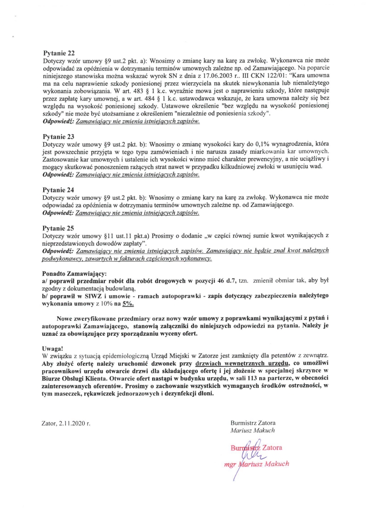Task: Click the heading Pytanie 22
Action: tap(58, 54)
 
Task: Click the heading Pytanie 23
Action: tap(58, 137)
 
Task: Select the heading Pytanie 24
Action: tap(58, 190)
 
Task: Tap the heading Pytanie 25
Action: tap(58, 229)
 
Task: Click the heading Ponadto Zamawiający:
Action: tap(74, 273)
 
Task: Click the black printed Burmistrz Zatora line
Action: tap(253, 423)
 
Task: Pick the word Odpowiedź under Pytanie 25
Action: tap(58, 251)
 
